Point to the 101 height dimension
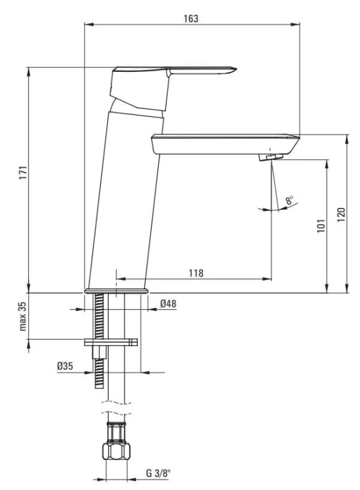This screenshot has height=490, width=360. [320, 225]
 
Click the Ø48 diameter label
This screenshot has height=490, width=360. [169, 303]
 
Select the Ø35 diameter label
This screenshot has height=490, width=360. [65, 367]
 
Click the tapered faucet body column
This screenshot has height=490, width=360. [124, 196]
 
